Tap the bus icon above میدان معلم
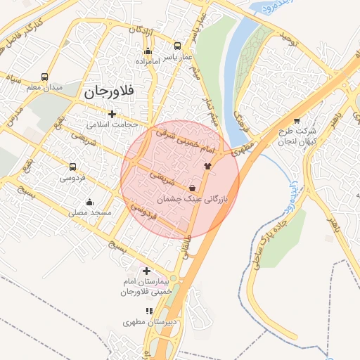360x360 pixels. (45, 77)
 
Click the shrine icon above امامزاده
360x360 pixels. (148, 51)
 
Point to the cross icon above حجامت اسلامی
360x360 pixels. (112, 114)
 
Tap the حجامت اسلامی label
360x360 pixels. (112, 124)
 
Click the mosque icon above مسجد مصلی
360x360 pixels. (89, 202)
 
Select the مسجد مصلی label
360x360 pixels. (89, 212)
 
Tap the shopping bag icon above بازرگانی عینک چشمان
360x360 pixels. (193, 188)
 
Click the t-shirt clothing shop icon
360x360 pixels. (207, 167)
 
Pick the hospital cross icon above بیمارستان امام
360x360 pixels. (146, 271)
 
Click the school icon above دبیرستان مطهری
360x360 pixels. (148, 310)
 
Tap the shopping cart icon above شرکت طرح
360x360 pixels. (296, 120)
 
